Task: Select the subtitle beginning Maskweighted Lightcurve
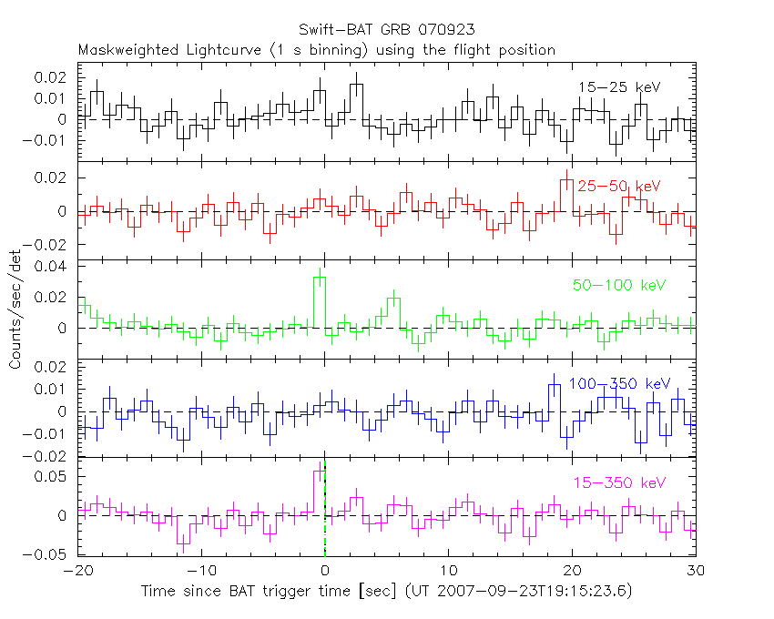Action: point(316,50)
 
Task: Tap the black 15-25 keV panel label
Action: point(618,87)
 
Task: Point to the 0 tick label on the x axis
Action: point(325,572)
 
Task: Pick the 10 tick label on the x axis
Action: point(449,572)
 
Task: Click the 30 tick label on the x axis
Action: point(696,572)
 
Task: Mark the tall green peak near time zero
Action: point(320,279)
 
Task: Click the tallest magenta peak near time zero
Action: point(320,472)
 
